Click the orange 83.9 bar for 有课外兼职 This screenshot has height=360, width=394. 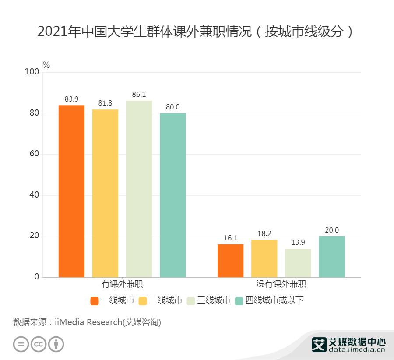pos(71,191)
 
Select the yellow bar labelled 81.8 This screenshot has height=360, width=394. pos(105,193)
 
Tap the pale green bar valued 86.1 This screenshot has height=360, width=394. pos(139,189)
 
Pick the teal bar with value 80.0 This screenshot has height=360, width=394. pos(172,195)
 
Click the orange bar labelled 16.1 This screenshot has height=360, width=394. pos(230,261)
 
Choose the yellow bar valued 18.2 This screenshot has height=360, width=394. pos(264,258)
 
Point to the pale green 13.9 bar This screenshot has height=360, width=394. pos(298,263)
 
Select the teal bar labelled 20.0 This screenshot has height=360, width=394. pos(331,257)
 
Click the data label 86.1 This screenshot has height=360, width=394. pos(139,95)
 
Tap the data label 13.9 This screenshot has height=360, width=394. pos(298,242)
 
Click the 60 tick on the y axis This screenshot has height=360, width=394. pos(34,154)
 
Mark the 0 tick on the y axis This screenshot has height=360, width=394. pos(37,277)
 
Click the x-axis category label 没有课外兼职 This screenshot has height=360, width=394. pos(281,284)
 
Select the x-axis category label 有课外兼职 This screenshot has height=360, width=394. pos(122,284)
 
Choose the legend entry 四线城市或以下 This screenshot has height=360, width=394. pos(274,300)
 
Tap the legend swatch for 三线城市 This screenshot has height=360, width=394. pos(191,301)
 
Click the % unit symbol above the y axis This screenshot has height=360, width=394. pos(46,65)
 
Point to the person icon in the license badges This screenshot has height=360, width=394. pos(56,344)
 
